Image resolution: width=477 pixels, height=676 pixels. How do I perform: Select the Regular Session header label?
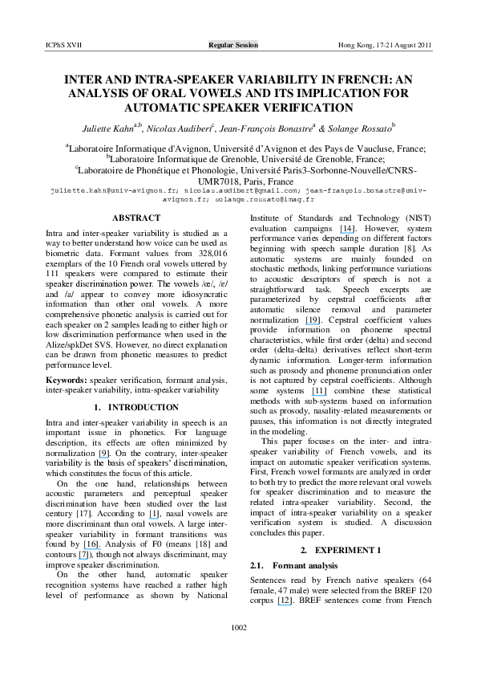(x=233, y=45)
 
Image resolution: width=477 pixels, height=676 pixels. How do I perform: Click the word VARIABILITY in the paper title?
(x=231, y=81)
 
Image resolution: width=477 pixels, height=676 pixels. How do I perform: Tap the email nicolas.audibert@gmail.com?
(x=230, y=192)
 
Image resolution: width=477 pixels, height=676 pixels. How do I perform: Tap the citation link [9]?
(x=104, y=454)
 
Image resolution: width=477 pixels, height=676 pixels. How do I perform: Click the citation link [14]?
(x=326, y=229)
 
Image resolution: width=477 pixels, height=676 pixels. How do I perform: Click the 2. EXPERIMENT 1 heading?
(x=341, y=550)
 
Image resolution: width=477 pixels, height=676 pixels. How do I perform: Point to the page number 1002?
(x=238, y=649)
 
